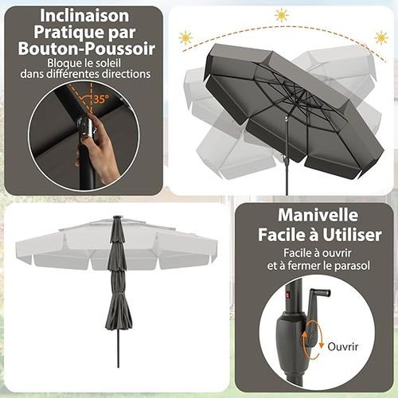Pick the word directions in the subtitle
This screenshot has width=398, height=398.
click(126, 75)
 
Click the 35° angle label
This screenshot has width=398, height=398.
click(100, 100)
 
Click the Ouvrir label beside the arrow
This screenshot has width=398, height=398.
click(341, 346)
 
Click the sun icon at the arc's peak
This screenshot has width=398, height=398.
click(281, 14)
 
